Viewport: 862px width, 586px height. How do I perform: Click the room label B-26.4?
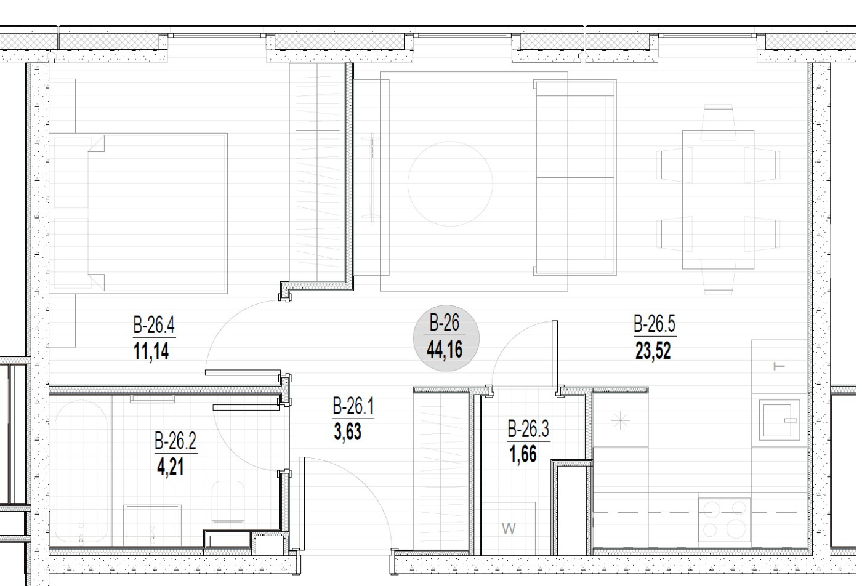pyautogui.click(x=154, y=325)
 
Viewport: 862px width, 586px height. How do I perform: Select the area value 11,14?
pyautogui.click(x=151, y=351)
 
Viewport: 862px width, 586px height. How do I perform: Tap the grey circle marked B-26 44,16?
pyautogui.click(x=446, y=338)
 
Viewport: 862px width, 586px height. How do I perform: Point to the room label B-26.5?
pyautogui.click(x=654, y=324)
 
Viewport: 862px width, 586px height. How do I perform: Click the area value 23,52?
pyautogui.click(x=653, y=350)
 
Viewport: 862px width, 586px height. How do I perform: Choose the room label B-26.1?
pyautogui.click(x=353, y=406)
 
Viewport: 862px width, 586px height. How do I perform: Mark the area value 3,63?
pyautogui.click(x=348, y=432)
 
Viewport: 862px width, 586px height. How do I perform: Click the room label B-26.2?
pyautogui.click(x=175, y=441)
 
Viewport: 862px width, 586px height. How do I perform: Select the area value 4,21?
pyautogui.click(x=170, y=467)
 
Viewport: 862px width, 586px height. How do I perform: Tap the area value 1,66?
pyautogui.click(x=523, y=454)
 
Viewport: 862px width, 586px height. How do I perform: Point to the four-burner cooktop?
pyautogui.click(x=724, y=520)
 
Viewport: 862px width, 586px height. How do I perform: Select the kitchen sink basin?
pyautogui.click(x=779, y=420)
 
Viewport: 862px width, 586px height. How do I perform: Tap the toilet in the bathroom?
pyautogui.click(x=228, y=502)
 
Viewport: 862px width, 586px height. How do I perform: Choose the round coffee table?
pyautogui.click(x=450, y=184)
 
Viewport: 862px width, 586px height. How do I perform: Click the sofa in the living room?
pyautogui.click(x=575, y=177)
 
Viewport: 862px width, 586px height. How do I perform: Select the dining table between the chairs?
pyautogui.click(x=718, y=199)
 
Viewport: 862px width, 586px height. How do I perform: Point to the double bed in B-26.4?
pyautogui.click(x=140, y=213)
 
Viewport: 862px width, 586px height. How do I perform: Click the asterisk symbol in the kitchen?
pyautogui.click(x=621, y=420)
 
